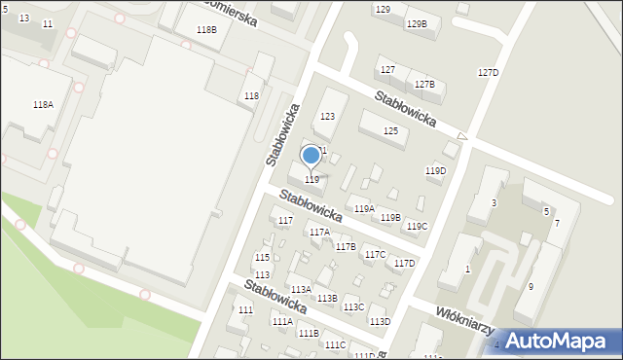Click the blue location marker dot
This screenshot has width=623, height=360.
coord(311,155)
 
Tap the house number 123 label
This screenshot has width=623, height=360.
coord(328,117)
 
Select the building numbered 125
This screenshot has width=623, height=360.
coord(390,130)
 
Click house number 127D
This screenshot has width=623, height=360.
coord(488,73)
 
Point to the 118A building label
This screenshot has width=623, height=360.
coord(43,105)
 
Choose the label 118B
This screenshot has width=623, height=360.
coord(206,30)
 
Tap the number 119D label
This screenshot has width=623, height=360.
coord(435,171)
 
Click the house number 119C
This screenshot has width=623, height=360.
coord(417,227)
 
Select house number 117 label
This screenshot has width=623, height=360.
coord(285,221)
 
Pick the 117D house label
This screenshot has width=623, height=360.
coord(404,263)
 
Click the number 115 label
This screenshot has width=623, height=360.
coord(262,257)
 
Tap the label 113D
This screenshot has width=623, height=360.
coord(380,321)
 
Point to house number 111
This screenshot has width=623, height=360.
coord(245,309)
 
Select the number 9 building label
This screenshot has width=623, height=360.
coord(531,286)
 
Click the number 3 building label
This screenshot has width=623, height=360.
coord(494,202)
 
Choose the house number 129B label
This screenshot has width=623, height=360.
coord(417,23)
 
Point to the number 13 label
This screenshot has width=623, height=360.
coord(24,18)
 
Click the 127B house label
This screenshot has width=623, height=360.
coord(424,85)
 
